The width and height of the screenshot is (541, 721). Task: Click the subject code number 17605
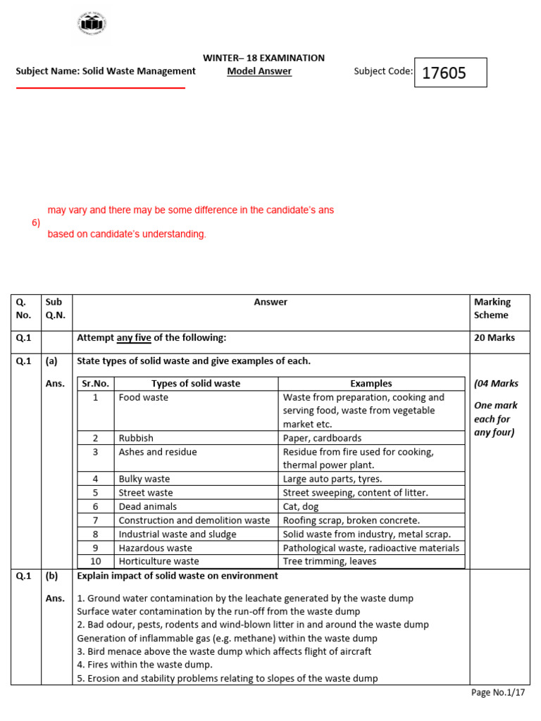[x=444, y=73]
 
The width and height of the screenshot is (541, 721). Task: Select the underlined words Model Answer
[x=259, y=71]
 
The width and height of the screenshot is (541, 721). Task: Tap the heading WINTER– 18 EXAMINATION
[x=263, y=58]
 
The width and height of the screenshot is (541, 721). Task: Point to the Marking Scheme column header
[x=492, y=308]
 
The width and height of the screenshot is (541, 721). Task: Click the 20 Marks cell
[x=495, y=338]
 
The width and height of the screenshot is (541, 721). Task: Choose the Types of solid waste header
[x=195, y=384]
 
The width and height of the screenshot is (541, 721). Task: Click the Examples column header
[x=371, y=384]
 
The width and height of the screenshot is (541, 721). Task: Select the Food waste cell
[x=144, y=397]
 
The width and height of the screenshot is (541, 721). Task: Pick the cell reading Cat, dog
[x=300, y=506]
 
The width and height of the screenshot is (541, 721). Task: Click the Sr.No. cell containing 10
[x=95, y=561]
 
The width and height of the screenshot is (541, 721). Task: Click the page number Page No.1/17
[x=498, y=693]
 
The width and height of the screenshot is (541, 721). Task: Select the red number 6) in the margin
[x=35, y=222]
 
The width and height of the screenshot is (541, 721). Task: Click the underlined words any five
[x=134, y=338]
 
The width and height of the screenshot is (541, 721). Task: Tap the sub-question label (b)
[x=51, y=575]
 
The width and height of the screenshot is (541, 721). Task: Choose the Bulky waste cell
[x=144, y=479]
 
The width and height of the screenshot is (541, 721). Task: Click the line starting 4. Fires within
[x=144, y=665]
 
